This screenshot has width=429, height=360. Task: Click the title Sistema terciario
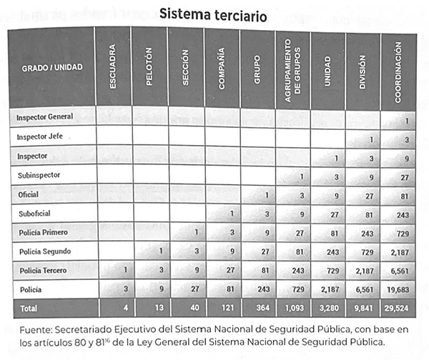point(214,14)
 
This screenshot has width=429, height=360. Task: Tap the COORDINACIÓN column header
point(398,68)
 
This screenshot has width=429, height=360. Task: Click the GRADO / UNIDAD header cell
point(52,67)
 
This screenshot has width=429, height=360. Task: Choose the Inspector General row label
point(46,116)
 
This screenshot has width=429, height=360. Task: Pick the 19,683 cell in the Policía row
point(398,291)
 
